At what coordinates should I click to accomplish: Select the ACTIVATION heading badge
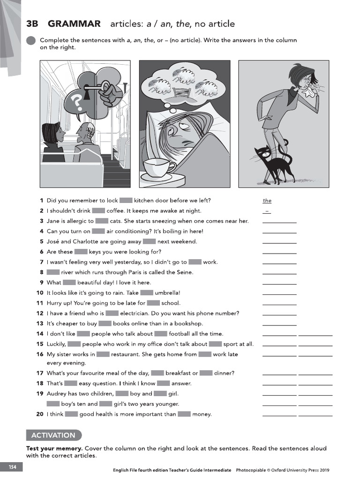click(x=53, y=435)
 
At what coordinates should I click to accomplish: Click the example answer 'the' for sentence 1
click(x=267, y=201)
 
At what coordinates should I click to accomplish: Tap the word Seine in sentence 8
click(x=184, y=272)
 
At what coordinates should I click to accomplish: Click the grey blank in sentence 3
click(x=102, y=221)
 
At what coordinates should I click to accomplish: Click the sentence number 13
click(x=40, y=323)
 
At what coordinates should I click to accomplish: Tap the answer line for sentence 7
click(x=279, y=263)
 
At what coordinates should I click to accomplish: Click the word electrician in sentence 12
click(x=135, y=313)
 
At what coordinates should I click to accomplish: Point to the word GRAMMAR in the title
click(x=74, y=24)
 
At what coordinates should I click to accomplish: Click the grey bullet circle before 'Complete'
click(x=31, y=41)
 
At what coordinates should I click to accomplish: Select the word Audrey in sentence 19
click(x=57, y=394)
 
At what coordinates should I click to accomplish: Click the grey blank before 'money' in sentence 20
click(x=184, y=414)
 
